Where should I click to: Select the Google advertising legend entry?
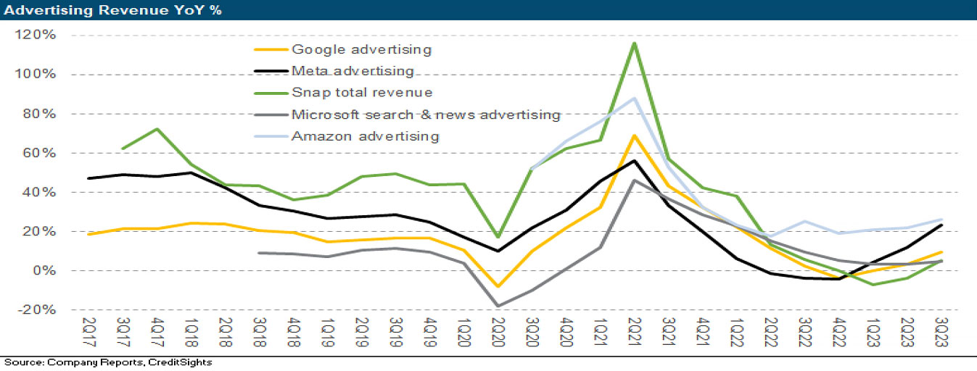pos(361,49)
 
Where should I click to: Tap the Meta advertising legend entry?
pos(353,71)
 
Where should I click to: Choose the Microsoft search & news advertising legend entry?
pos(426,114)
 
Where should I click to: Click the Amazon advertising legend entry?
pos(365,136)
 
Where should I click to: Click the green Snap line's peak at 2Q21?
pos(635,43)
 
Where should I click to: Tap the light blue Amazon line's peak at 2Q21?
pos(635,98)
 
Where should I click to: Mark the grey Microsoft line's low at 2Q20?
pos(498,306)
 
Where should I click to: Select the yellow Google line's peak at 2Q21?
pos(635,136)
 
